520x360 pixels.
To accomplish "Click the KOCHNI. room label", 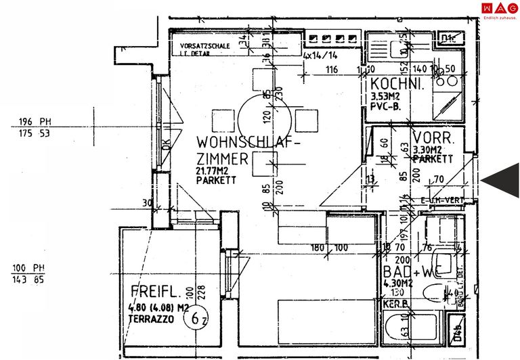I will [397, 85].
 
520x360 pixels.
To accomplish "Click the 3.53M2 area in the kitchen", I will [385, 97].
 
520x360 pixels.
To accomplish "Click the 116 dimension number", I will [331, 70].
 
